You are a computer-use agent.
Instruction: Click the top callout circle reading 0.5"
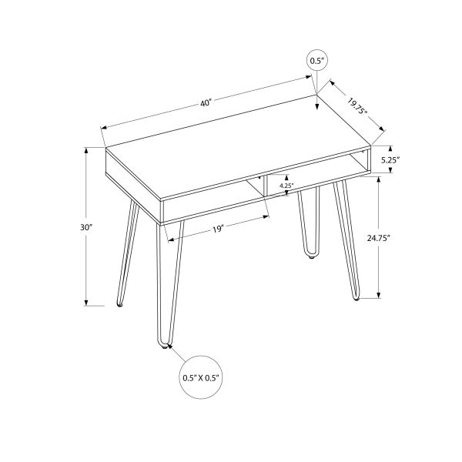(316, 60)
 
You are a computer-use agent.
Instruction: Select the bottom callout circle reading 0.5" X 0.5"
(202, 377)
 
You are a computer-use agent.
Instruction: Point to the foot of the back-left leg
(119, 305)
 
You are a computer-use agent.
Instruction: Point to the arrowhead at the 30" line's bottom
(86, 302)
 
